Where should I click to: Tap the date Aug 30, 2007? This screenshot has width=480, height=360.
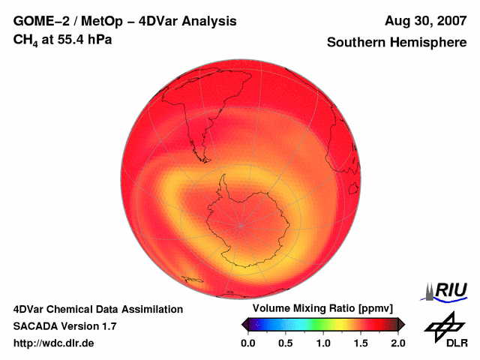[x=425, y=22]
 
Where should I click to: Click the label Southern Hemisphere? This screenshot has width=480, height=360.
[x=396, y=43]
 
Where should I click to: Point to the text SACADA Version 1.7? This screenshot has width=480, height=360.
[x=64, y=326]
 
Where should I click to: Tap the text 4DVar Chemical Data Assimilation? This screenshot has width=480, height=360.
[x=97, y=309]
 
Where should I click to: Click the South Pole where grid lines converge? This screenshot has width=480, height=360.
[x=241, y=225]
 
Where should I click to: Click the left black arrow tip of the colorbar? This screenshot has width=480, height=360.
[x=244, y=324]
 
